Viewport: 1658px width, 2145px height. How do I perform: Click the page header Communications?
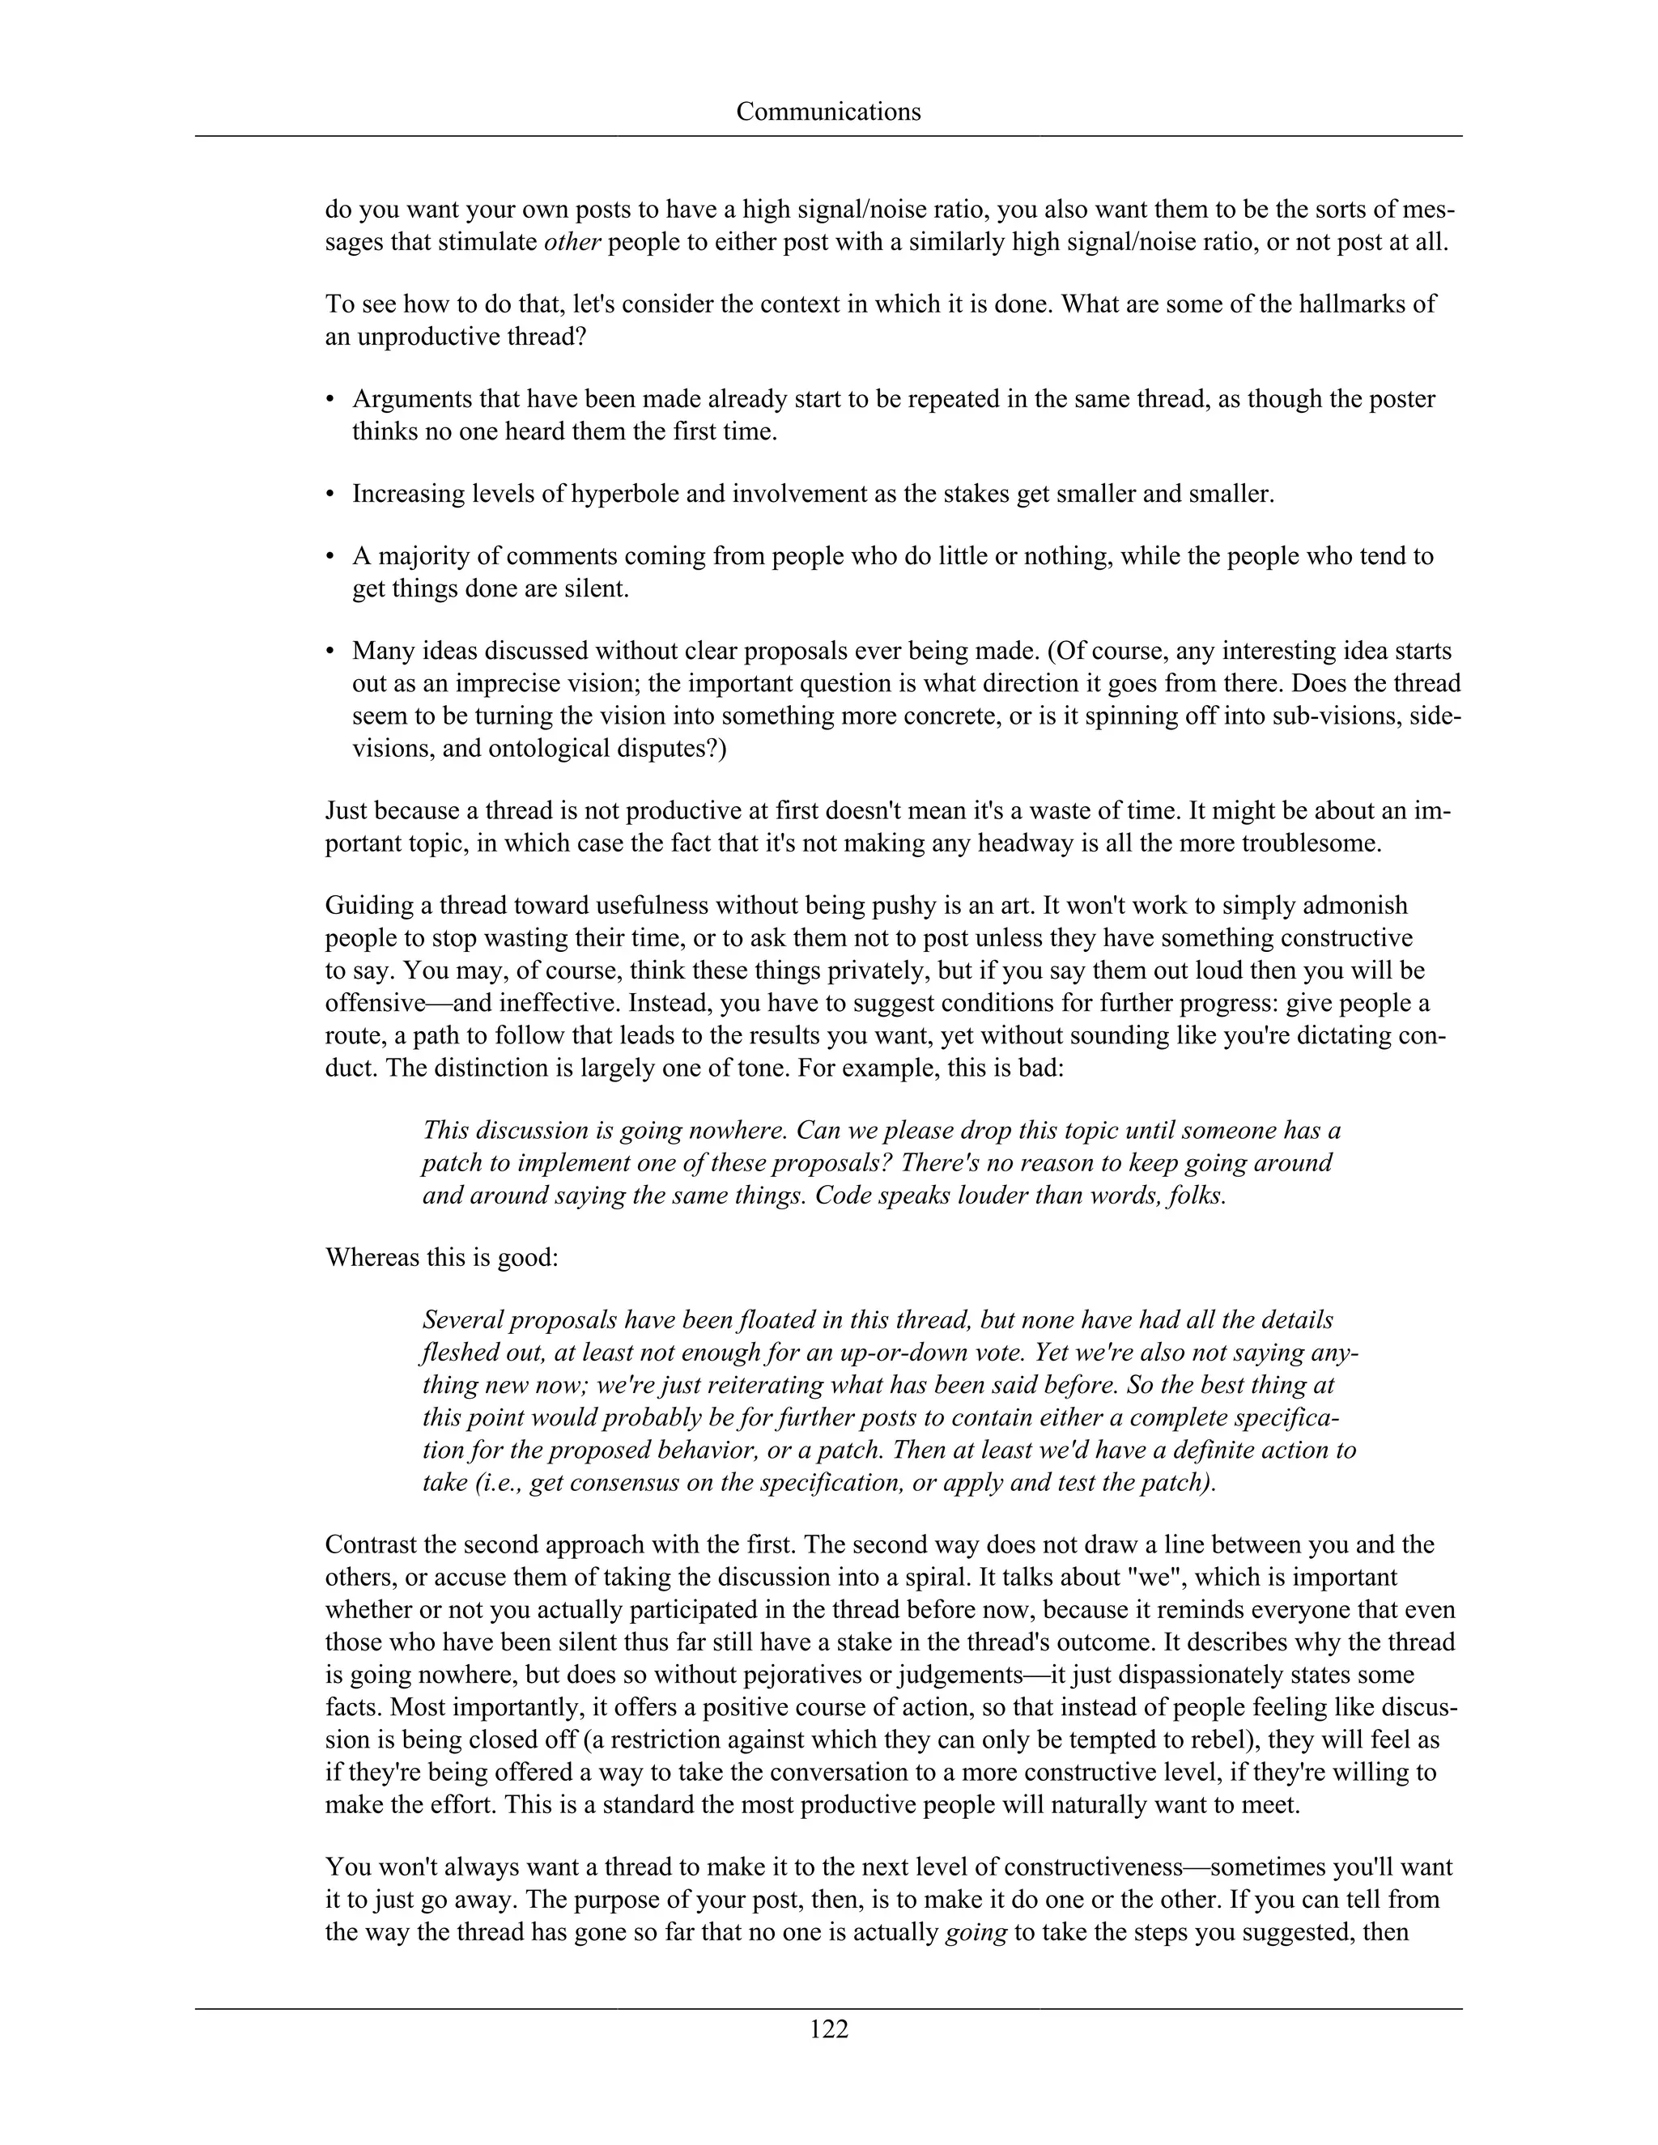(828, 112)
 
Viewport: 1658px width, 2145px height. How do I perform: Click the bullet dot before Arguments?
(330, 399)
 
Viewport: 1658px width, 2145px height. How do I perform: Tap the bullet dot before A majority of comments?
(330, 556)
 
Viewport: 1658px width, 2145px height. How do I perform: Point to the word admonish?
(1349, 905)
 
